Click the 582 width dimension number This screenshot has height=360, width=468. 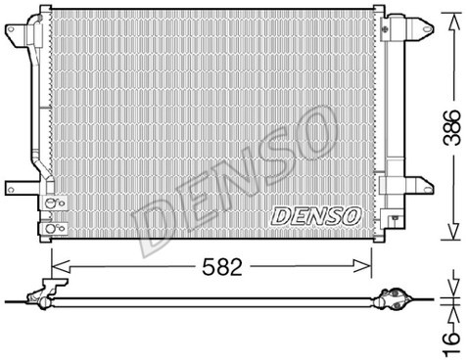[x=224, y=263]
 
